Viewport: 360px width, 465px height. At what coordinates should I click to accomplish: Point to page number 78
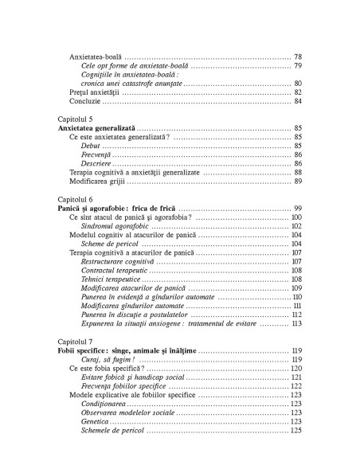297,58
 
